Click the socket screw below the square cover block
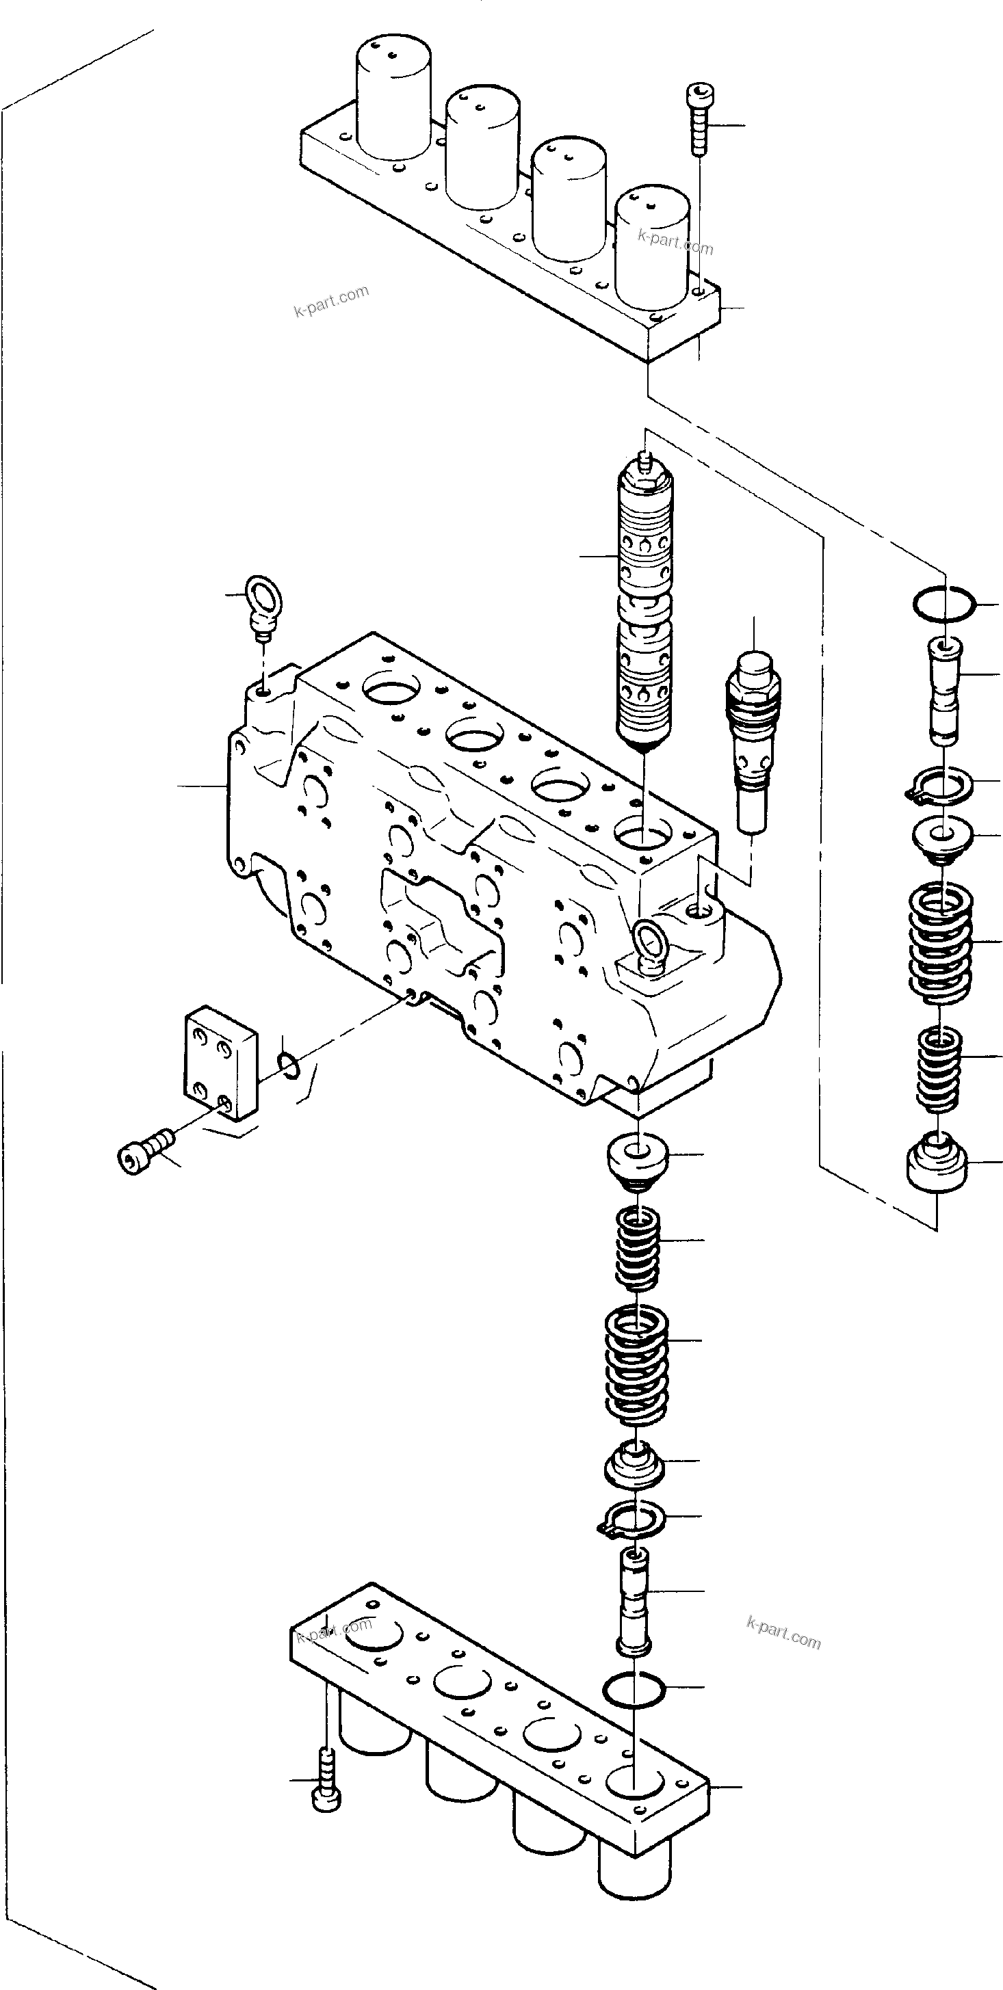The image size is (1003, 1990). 145,1156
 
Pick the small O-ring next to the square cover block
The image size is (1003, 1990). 290,1067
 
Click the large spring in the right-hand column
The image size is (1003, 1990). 939,942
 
